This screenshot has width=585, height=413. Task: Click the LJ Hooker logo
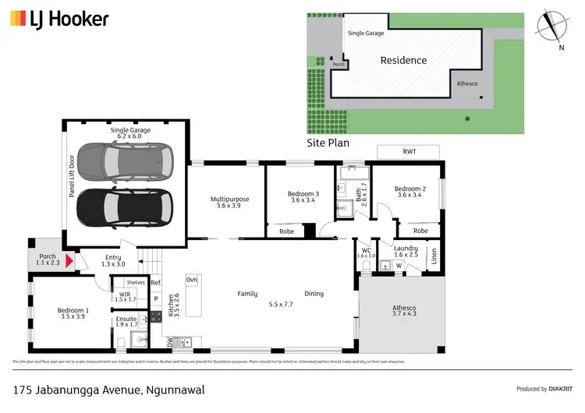[59, 19]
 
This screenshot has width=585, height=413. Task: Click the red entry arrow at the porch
[69, 260]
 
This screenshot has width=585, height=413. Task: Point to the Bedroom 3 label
[302, 198]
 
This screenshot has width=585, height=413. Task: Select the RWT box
[409, 151]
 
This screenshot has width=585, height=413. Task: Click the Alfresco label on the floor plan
[404, 312]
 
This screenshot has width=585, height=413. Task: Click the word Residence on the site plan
[403, 60]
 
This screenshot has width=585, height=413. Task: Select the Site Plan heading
[328, 143]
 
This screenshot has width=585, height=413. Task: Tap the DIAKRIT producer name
[557, 389]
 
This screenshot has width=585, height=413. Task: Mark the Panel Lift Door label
[72, 175]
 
